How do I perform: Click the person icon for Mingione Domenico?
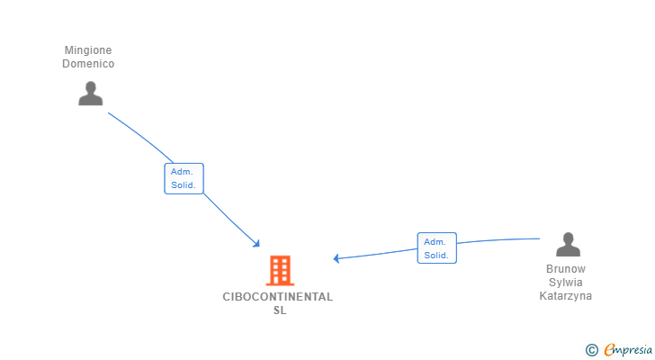tap(90, 94)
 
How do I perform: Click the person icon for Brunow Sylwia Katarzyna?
tap(567, 245)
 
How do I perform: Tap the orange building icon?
tap(280, 270)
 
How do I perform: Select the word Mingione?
tap(88, 50)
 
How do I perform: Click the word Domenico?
tap(88, 64)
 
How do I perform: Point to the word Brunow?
tap(566, 269)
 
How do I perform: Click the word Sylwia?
tap(566, 283)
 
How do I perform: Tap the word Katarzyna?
tap(566, 296)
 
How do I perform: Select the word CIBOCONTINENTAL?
tap(278, 297)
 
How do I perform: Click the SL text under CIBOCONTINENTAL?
tap(280, 310)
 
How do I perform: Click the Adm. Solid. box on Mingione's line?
tap(184, 178)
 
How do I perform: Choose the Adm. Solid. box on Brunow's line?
tap(436, 248)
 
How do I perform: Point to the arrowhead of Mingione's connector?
tap(256, 244)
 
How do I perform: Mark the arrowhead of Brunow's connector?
tap(336, 258)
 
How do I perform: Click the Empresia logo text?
tap(629, 350)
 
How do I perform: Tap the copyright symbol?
tap(591, 350)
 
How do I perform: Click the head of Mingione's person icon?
tap(90, 87)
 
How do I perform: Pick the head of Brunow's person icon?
tap(567, 238)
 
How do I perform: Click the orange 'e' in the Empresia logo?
tap(609, 350)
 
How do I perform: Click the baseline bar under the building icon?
tap(280, 283)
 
